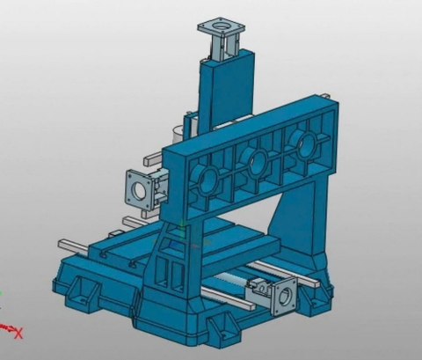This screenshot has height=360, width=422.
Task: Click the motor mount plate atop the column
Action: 222,28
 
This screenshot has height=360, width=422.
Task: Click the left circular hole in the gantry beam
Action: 207,180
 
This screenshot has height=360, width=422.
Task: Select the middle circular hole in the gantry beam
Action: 257,161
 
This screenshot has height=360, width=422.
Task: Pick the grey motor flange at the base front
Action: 284,296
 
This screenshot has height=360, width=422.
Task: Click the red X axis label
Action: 18,333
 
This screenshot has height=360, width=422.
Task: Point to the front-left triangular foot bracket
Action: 81,291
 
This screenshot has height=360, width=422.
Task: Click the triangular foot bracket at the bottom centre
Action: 223,325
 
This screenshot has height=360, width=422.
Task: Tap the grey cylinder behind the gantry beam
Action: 178,135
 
